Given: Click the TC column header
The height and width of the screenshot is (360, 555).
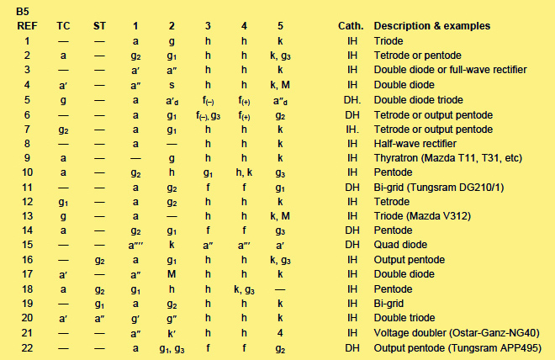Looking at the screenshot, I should pyautogui.click(x=64, y=25).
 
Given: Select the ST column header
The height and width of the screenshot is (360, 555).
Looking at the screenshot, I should pyautogui.click(x=100, y=25).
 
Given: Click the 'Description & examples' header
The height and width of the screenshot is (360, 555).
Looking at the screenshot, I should pyautogui.click(x=431, y=25).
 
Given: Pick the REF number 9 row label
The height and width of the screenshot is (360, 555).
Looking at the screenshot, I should pyautogui.click(x=27, y=157).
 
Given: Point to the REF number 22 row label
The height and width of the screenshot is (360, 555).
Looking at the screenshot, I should pyautogui.click(x=27, y=347).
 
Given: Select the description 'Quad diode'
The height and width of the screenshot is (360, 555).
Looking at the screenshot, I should pyautogui.click(x=398, y=245).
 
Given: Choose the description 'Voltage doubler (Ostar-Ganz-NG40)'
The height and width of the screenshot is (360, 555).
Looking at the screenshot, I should pyautogui.click(x=455, y=333).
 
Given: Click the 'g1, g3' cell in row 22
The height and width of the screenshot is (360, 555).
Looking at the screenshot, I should pyautogui.click(x=171, y=347).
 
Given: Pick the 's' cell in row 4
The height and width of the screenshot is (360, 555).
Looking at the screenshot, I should pyautogui.click(x=171, y=84).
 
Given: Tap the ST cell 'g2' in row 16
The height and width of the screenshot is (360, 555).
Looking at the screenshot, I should pyautogui.click(x=100, y=260).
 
